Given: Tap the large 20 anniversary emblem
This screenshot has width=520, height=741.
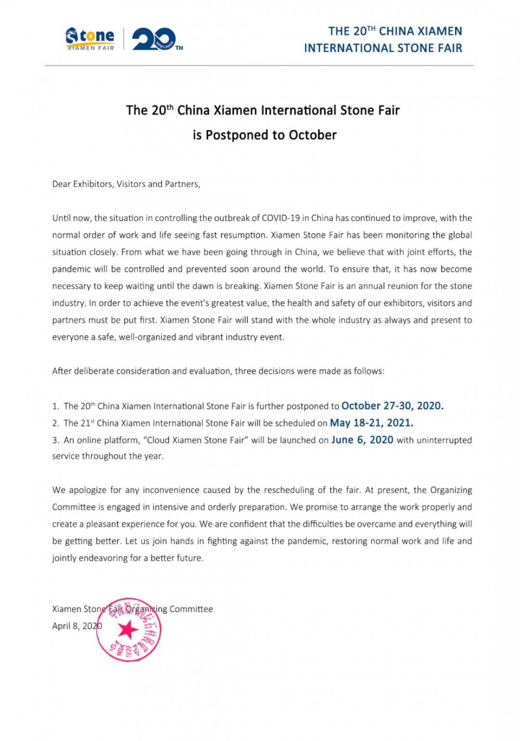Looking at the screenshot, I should (154, 40).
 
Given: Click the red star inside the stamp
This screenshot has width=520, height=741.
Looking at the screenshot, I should (128, 630).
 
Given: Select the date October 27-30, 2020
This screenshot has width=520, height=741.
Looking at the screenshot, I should (392, 406).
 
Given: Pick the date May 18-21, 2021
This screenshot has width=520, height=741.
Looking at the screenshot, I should (371, 423).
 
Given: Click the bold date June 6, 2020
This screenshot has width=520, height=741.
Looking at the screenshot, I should (362, 440).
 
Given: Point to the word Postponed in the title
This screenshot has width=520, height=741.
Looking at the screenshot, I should (237, 135).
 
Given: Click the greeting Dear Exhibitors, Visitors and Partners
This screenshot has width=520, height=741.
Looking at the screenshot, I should (126, 184).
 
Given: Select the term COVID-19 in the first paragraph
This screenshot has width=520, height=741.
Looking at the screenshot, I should (281, 218).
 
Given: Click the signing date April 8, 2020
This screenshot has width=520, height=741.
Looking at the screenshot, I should (77, 626).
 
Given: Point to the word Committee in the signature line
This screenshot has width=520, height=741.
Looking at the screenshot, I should (191, 609).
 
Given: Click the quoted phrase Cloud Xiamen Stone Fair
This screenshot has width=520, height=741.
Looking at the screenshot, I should (196, 440).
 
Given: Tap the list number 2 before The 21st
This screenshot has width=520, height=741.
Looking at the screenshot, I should (55, 424).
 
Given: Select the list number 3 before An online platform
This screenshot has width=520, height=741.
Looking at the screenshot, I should (55, 440).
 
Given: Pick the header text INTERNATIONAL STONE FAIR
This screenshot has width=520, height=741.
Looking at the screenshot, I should (383, 48).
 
